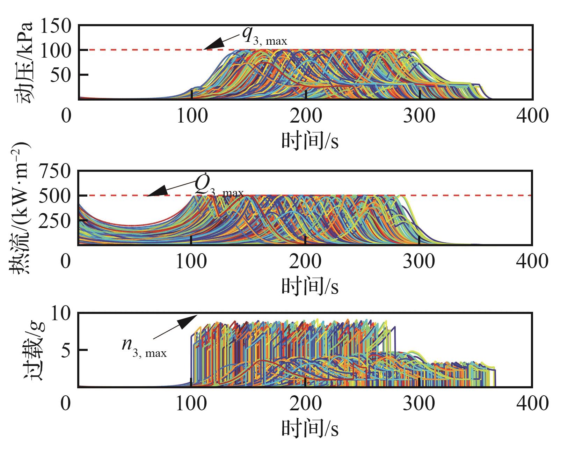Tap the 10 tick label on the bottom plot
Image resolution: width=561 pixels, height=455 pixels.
coord(62,314)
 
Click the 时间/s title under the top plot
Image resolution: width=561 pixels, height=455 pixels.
coord(310,141)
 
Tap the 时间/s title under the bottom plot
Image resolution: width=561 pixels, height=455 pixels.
coord(310,428)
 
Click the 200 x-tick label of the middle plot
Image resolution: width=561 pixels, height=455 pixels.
coord(305,261)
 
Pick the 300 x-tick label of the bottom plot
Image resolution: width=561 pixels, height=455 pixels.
coord(419,404)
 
